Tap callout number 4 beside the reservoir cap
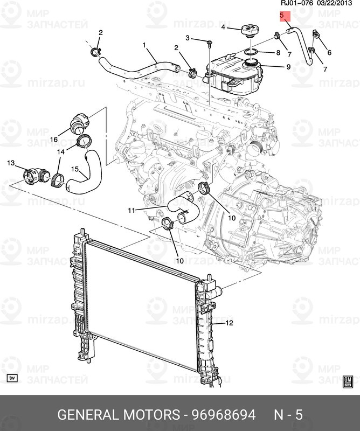point(223,26)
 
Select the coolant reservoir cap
point(250,31)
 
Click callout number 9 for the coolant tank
point(288,67)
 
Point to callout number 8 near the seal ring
point(278,53)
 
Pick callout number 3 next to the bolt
point(188,38)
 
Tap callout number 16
point(54,140)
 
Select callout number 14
point(61,152)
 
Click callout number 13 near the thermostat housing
point(11,163)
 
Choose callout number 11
point(131,210)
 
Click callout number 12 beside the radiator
point(229,323)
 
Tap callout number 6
point(329,52)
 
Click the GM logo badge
point(348,381)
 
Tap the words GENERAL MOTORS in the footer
point(118,415)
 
